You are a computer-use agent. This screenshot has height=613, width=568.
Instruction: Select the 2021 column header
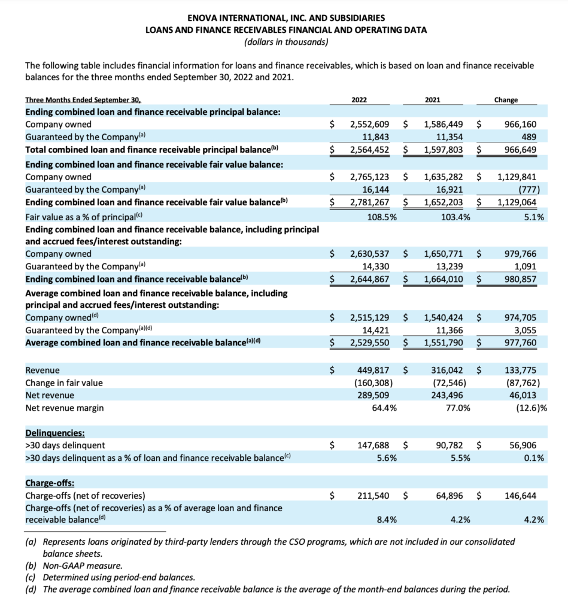433,100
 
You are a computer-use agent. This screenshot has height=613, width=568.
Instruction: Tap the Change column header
506,100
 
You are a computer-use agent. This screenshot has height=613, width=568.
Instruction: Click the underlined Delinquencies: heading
54,432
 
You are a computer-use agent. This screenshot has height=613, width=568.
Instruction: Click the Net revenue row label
50,396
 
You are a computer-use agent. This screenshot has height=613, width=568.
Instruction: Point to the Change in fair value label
63,383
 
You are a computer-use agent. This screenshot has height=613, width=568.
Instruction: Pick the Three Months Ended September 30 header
86,100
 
